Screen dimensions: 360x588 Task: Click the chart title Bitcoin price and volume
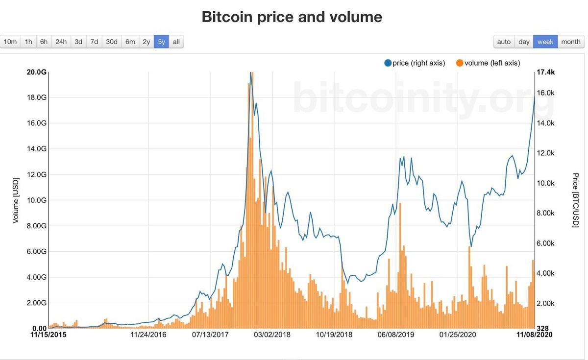(x=292, y=17)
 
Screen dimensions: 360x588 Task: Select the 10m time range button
(x=10, y=42)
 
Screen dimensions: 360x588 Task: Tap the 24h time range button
(x=61, y=42)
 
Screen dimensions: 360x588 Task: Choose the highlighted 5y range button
(x=161, y=42)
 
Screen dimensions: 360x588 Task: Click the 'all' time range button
(x=176, y=42)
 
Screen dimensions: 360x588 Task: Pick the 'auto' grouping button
(x=504, y=42)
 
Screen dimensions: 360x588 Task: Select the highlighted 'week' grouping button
(x=545, y=42)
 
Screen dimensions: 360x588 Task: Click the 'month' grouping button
(x=571, y=42)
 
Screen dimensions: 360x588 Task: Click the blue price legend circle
(x=388, y=63)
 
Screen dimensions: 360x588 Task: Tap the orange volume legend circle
(x=460, y=63)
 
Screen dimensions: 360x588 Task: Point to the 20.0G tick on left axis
(x=37, y=72)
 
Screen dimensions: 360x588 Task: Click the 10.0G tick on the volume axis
(x=37, y=200)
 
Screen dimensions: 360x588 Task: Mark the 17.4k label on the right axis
(x=545, y=72)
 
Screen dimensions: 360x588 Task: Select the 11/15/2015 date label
(x=48, y=335)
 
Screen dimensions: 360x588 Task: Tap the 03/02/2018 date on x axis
(x=272, y=335)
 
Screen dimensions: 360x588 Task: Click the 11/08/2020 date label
(x=535, y=335)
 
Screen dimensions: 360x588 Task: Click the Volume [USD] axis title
(x=16, y=200)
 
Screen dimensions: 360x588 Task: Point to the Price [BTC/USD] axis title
(x=576, y=200)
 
